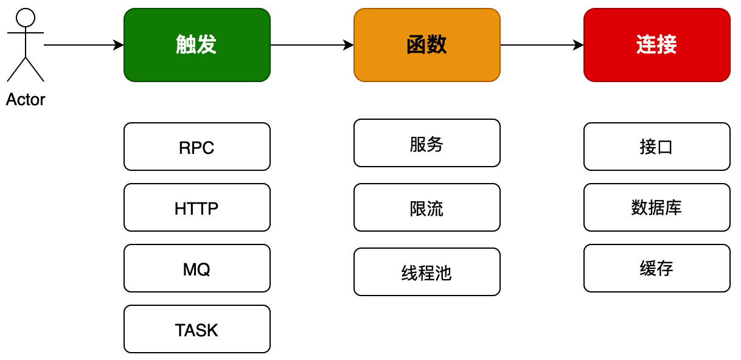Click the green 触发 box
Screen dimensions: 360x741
[197, 45]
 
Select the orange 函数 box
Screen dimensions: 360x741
[426, 45]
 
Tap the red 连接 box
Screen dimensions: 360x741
[656, 45]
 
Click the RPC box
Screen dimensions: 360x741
[197, 147]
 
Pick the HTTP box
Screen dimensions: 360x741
[197, 207]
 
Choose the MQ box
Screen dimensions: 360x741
[197, 268]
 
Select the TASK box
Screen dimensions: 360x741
[197, 329]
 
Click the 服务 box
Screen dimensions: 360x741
[426, 143]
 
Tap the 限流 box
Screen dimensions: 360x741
[426, 207]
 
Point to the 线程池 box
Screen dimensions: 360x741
[426, 272]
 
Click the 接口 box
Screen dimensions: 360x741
[656, 147]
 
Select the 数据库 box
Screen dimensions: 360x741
[656, 207]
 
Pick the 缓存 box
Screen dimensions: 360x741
[656, 268]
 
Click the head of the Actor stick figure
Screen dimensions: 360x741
[26, 18]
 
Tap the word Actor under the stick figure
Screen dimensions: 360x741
[26, 100]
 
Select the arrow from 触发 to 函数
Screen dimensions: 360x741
[310, 45]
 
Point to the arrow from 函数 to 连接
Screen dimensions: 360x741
[540, 45]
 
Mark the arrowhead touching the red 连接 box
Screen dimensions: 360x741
[579, 45]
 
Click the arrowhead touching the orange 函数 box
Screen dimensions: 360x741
[349, 45]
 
